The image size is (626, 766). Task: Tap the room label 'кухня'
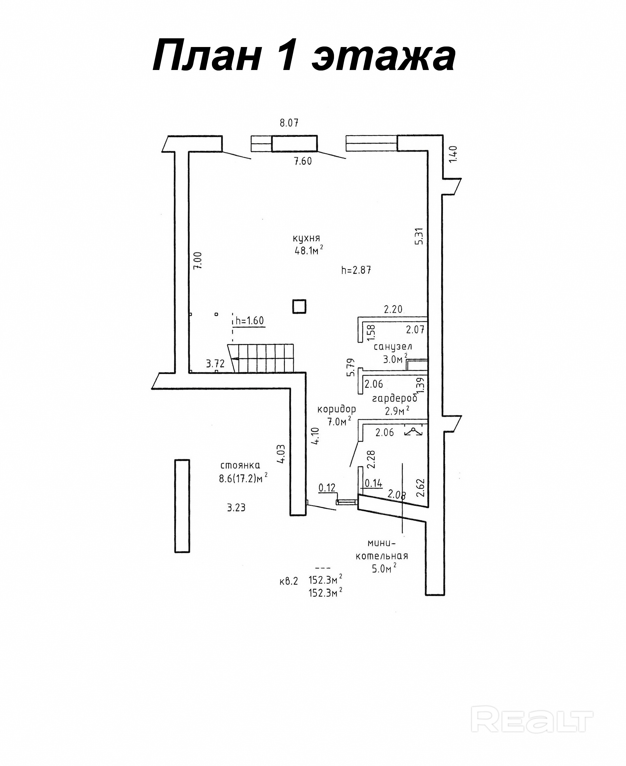point(306,238)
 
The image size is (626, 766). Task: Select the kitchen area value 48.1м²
point(308,250)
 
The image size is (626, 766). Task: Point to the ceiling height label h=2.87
point(356,270)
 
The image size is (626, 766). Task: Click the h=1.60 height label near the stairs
point(249,320)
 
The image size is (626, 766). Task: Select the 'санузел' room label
point(393,347)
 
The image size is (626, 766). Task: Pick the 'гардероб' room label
point(395,398)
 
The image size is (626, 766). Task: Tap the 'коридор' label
point(336,409)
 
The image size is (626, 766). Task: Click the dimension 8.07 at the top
point(289,123)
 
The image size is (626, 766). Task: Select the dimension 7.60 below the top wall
point(303,161)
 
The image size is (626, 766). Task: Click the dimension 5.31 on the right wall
point(419,236)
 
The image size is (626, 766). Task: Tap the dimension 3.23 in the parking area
point(236,508)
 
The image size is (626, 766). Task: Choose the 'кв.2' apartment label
point(289,581)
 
